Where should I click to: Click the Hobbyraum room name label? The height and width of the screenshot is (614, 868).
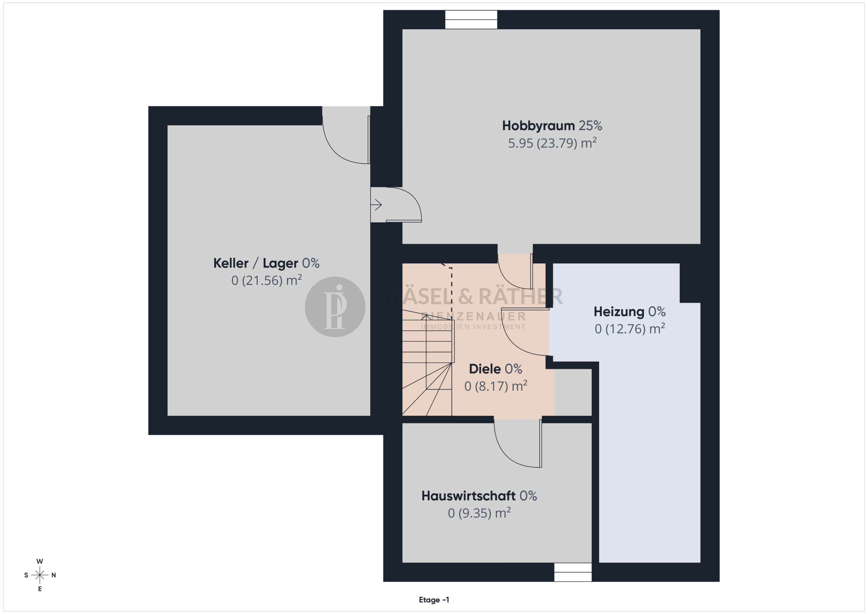tap(538, 126)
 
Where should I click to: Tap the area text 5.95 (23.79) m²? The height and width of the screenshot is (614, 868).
tap(552, 143)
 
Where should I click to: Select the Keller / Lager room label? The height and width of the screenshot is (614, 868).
tap(256, 263)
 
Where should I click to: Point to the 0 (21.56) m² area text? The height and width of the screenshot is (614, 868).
tap(267, 280)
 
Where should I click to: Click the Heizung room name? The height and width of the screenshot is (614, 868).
tap(619, 312)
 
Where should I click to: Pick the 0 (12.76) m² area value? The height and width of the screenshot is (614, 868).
tap(630, 329)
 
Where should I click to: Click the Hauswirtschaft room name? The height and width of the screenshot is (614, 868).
tap(468, 496)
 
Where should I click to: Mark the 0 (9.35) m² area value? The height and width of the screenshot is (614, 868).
tap(479, 513)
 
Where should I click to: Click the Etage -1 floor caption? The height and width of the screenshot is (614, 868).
tap(434, 600)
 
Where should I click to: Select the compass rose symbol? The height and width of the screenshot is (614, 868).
tap(40, 575)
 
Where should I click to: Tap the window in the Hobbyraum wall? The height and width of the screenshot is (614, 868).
tap(471, 20)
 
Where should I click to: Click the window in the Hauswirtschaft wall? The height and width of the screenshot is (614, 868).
tap(573, 572)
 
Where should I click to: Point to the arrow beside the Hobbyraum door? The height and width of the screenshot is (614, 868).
tap(376, 205)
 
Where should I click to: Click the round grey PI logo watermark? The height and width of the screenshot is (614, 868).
tap(335, 307)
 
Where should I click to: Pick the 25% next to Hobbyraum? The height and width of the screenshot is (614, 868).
tap(590, 126)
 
